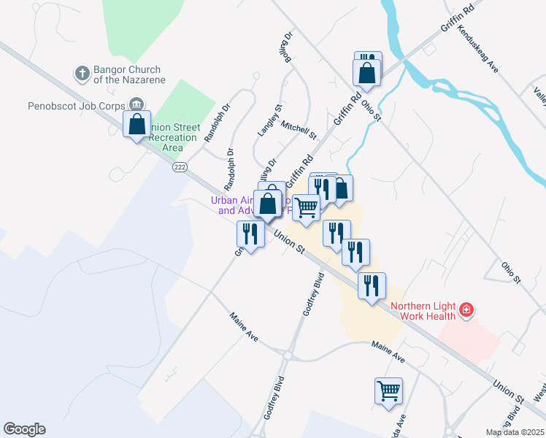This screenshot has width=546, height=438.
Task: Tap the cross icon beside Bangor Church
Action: point(82,74)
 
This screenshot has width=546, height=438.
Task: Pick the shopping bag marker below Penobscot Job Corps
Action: point(136,125)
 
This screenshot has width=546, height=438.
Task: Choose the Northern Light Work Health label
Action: point(423,311)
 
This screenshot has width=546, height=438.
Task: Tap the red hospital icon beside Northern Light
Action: point(466,312)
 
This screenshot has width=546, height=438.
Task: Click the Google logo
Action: point(24,429)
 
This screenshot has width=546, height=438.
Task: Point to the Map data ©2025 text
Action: point(515,432)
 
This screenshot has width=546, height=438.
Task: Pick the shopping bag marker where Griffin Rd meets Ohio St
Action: point(366,73)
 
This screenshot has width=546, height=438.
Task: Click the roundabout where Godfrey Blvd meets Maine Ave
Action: point(288,356)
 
